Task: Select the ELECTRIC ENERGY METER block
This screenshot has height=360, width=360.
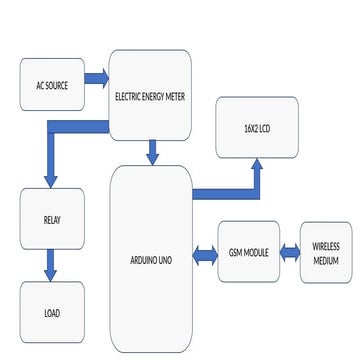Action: (150, 96)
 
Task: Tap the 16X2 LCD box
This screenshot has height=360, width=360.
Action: (257, 126)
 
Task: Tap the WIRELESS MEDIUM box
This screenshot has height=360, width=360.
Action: (326, 252)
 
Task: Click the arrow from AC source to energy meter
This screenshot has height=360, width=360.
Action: (96, 77)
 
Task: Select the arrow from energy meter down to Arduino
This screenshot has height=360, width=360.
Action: (153, 152)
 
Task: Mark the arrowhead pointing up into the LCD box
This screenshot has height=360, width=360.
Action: (257, 166)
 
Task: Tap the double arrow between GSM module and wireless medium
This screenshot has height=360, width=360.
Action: (288, 252)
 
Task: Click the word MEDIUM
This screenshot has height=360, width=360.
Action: (326, 260)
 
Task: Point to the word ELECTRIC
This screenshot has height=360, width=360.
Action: (131, 97)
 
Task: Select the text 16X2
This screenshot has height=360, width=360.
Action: (249, 127)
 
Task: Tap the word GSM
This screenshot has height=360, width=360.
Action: (235, 253)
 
